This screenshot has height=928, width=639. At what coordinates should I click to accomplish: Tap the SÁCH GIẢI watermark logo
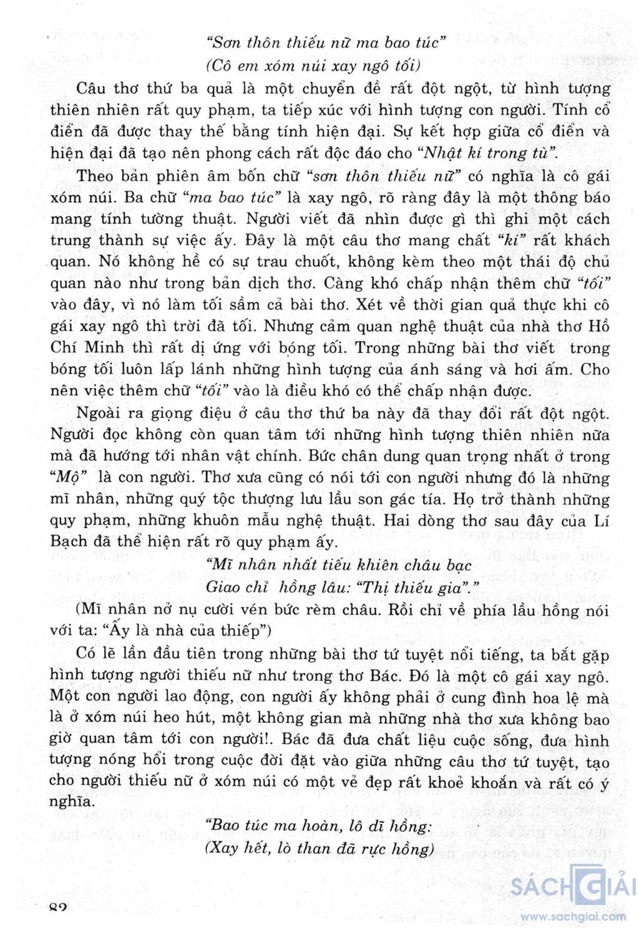[573, 886]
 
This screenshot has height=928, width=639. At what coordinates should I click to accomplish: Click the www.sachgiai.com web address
[573, 917]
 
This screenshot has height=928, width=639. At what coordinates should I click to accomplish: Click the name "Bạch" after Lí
[68, 541]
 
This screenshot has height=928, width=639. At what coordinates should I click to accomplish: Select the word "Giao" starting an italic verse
[223, 587]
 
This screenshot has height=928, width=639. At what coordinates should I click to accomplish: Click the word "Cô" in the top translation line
[222, 65]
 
